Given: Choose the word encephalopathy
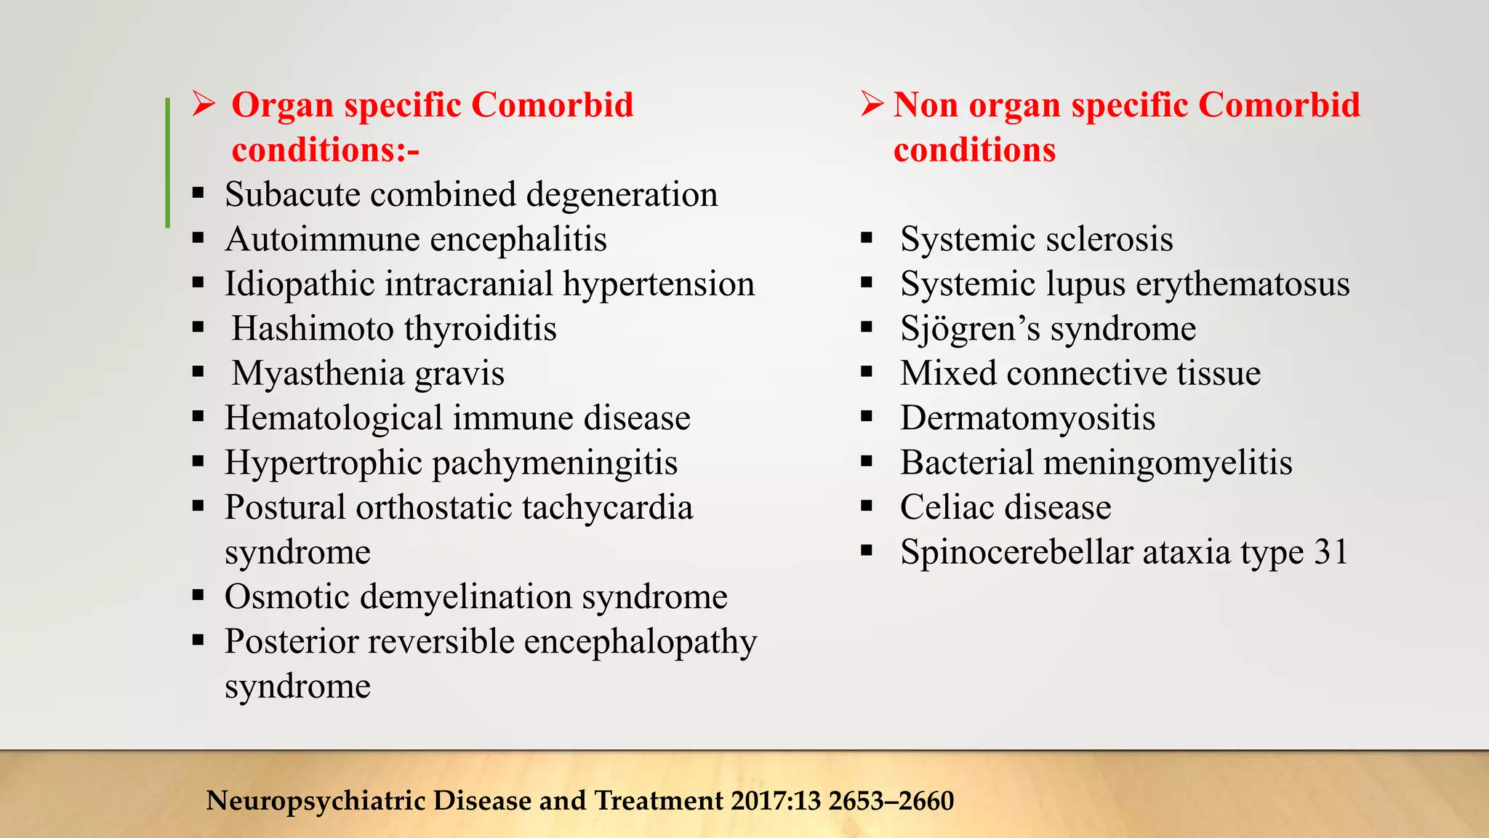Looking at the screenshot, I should (x=641, y=642).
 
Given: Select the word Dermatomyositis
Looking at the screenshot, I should (x=1027, y=418).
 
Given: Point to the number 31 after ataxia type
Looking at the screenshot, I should (x=1331, y=552).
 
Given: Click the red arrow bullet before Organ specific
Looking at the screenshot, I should (x=204, y=104).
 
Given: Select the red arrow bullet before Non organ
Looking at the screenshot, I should (x=872, y=104).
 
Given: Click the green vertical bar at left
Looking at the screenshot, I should (x=168, y=163).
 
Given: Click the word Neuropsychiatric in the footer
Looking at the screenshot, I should (x=316, y=801).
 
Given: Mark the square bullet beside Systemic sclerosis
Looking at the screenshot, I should (x=866, y=238).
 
